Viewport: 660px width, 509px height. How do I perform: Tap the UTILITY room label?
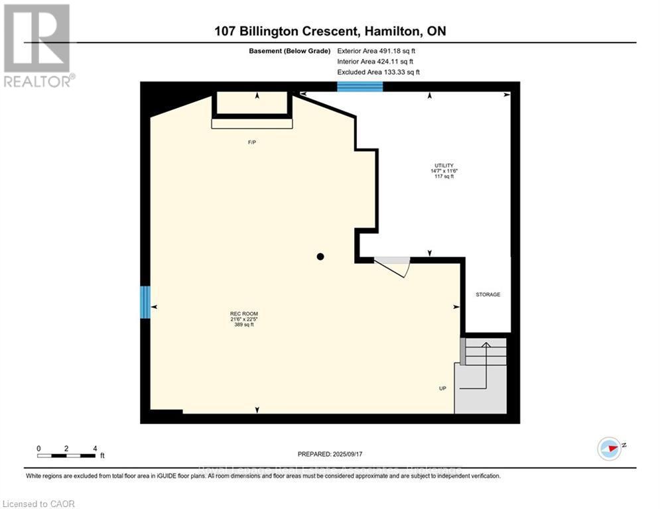444,166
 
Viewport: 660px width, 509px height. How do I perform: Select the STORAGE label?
488,294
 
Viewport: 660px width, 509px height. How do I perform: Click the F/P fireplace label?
251,142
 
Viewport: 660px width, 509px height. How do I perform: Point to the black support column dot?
320,256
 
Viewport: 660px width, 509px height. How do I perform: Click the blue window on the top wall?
360,86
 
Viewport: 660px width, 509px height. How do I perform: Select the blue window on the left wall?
145,302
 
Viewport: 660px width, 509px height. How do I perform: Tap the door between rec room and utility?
393,266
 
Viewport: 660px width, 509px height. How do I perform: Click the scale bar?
66,455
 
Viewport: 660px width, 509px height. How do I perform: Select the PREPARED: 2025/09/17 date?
331,454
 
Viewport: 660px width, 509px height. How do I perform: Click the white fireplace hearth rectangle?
251,123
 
